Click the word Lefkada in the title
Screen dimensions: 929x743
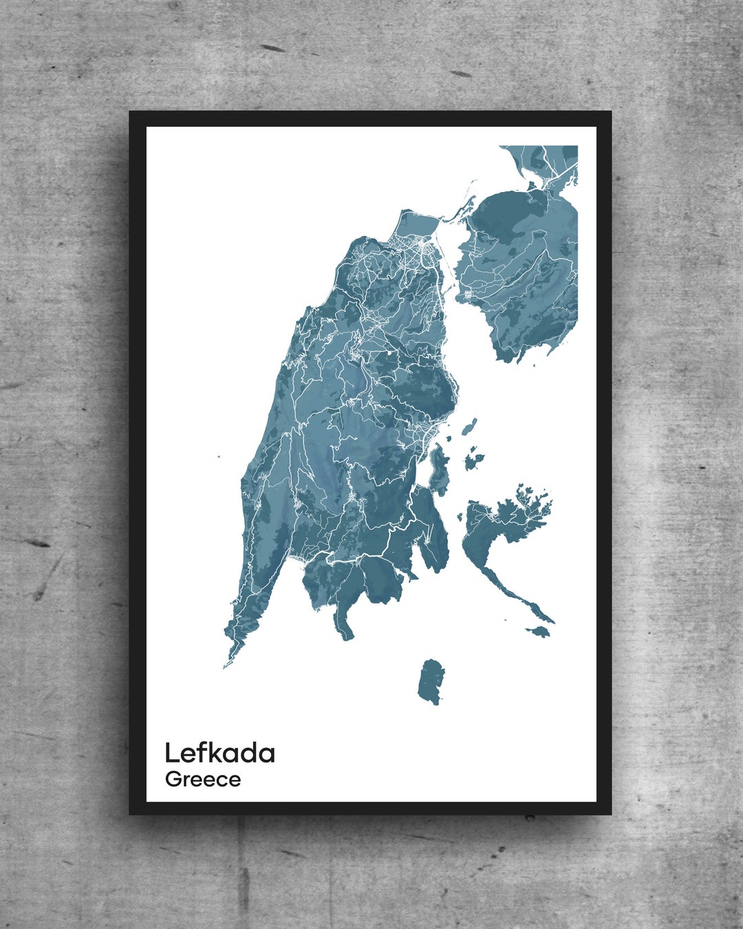point(219,753)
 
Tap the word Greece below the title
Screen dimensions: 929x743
point(203,780)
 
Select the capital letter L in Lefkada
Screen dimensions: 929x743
point(172,753)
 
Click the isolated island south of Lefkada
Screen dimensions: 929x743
point(431,681)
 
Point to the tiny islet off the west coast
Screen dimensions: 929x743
point(219,456)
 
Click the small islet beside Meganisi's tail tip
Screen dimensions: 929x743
point(539,631)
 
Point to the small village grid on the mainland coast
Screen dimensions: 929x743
point(468,295)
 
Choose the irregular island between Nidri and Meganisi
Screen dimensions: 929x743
point(471,460)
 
